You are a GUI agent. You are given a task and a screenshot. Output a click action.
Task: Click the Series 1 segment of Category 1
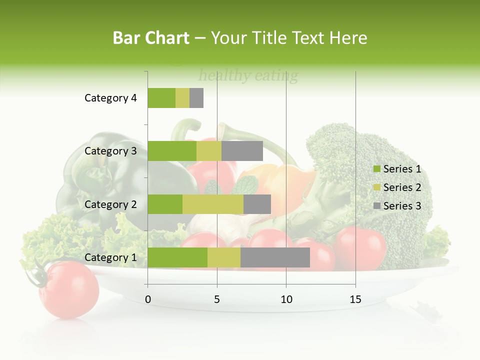(177, 257)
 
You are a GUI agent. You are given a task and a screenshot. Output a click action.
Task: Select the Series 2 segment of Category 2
(213, 204)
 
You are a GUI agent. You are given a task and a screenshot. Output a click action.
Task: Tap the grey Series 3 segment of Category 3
(242, 151)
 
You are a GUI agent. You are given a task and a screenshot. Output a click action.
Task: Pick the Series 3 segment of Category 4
(196, 98)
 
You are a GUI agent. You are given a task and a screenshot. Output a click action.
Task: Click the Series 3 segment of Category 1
(275, 257)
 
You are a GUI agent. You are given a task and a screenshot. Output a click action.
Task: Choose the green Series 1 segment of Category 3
(172, 151)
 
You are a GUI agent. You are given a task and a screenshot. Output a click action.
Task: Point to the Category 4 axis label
(110, 98)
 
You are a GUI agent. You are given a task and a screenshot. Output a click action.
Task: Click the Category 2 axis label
(110, 204)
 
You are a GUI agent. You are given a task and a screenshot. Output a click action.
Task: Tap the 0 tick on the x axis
(148, 299)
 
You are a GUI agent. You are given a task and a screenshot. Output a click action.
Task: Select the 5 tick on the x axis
(217, 299)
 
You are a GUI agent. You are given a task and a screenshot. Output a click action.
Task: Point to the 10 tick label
(286, 299)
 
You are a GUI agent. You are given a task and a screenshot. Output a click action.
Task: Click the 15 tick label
(355, 299)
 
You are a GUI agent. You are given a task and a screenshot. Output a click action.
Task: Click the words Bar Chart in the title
(151, 37)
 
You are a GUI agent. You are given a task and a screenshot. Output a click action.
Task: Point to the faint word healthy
(224, 76)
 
